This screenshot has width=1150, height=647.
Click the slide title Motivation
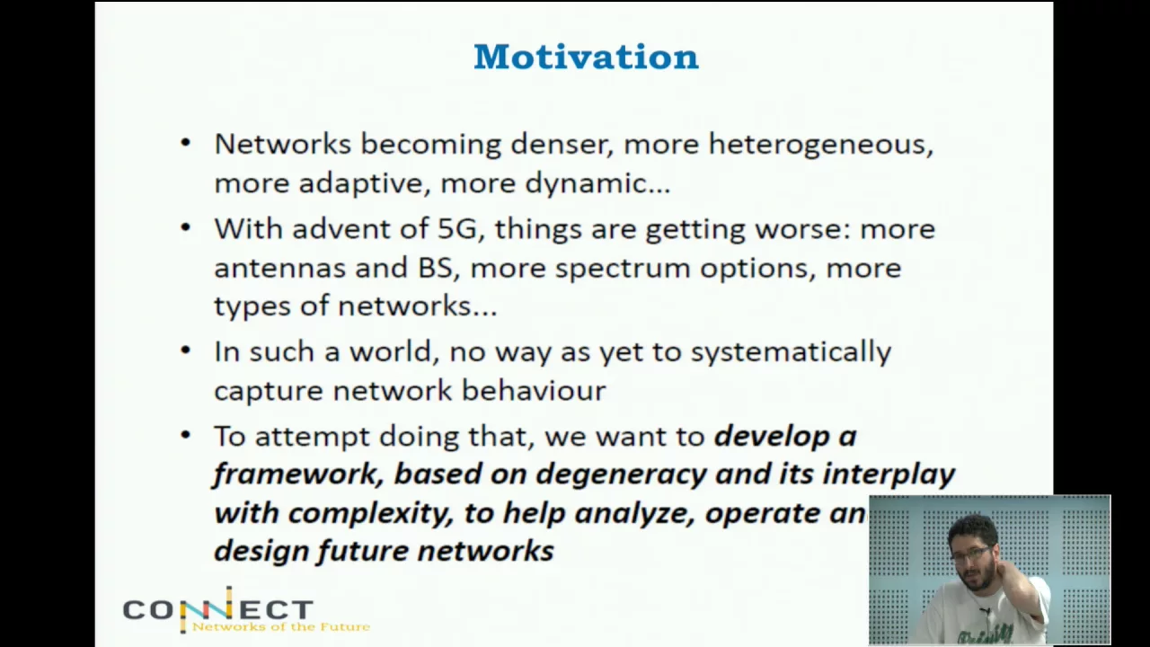pyautogui.click(x=586, y=57)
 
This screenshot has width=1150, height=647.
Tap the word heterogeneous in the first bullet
pyautogui.click(x=821, y=145)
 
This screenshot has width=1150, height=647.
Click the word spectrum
pyautogui.click(x=623, y=270)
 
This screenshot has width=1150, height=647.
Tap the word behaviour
pyautogui.click(x=534, y=390)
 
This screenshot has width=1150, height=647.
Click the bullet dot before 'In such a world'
pyautogui.click(x=186, y=350)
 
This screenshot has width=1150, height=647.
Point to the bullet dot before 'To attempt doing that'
pyautogui.click(x=186, y=435)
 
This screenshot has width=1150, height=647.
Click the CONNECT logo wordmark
pyautogui.click(x=217, y=609)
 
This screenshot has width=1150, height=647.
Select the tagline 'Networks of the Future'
pyautogui.click(x=281, y=626)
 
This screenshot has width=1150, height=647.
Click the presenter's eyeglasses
pyautogui.click(x=972, y=554)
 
